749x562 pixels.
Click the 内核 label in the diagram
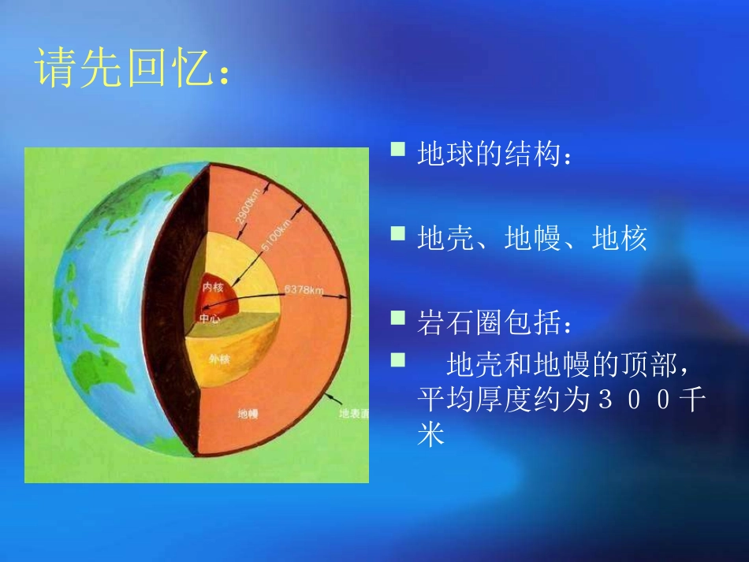213,288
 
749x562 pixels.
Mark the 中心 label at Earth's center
210,318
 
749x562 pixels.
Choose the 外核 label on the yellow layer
219,358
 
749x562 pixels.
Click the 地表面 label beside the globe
353,412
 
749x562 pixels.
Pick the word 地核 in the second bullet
619,238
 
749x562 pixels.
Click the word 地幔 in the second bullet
532,238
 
